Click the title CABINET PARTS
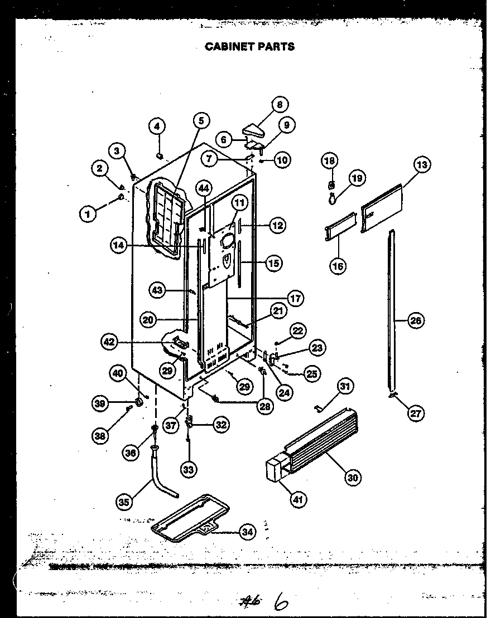pyautogui.click(x=249, y=47)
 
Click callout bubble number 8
pyautogui.click(x=280, y=105)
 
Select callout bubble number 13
pyautogui.click(x=422, y=165)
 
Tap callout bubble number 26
pyautogui.click(x=416, y=320)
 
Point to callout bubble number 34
pyautogui.click(x=247, y=532)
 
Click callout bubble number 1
pyautogui.click(x=88, y=213)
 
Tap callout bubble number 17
pyautogui.click(x=296, y=299)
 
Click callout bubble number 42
pyautogui.click(x=109, y=342)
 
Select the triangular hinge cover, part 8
pyautogui.click(x=257, y=132)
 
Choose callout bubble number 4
pyautogui.click(x=157, y=126)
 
